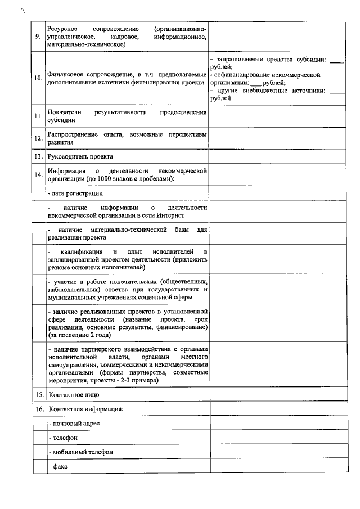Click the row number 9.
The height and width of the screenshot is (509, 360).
point(38,37)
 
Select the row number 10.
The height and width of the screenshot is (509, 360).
point(38,78)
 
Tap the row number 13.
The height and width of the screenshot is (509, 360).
point(39,156)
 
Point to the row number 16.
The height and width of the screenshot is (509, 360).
point(39,409)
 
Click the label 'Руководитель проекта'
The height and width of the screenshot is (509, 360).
point(80,156)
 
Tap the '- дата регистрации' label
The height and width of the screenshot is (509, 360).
point(75,193)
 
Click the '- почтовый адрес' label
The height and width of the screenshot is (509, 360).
point(74,423)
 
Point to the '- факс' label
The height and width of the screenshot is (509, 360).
point(58,466)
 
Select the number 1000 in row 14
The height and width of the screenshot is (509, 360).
point(105,178)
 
